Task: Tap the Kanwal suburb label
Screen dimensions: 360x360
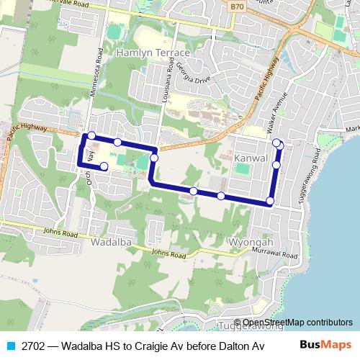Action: pos(251,157)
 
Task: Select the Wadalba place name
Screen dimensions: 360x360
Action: pos(111,243)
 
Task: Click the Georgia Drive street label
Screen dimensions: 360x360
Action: pos(193,81)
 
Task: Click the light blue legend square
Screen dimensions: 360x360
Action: pos(10,345)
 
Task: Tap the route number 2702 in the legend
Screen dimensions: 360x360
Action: pos(33,345)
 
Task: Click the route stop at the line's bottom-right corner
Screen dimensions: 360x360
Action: pos(270,201)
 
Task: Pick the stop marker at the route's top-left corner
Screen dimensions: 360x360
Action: pos(91,135)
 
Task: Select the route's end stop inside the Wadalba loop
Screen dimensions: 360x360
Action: pos(104,167)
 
